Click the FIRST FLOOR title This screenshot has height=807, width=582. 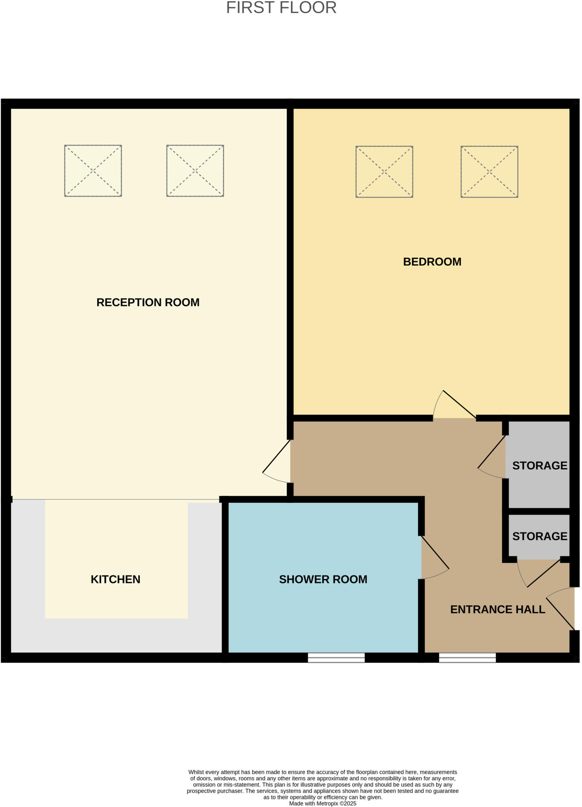click(x=281, y=8)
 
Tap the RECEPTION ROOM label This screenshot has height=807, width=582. click(x=148, y=302)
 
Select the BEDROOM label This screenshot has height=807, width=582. click(x=432, y=262)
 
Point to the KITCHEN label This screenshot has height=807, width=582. click(x=115, y=579)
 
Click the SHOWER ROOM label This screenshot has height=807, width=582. click(x=323, y=579)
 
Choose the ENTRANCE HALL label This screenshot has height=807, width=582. click(x=497, y=610)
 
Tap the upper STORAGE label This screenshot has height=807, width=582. click(x=539, y=465)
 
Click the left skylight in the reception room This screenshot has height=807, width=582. click(x=93, y=171)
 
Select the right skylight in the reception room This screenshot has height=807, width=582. click(x=195, y=171)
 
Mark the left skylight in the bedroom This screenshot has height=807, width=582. click(x=384, y=172)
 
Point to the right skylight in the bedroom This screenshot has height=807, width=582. click(x=489, y=172)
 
